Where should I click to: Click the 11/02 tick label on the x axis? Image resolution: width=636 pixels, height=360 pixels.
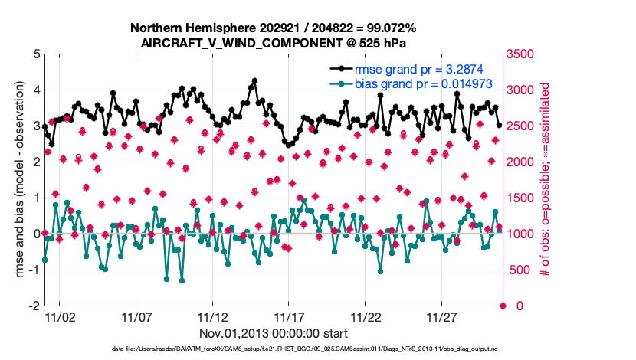click(60, 316)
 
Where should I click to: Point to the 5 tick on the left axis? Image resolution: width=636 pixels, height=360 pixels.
click(34, 54)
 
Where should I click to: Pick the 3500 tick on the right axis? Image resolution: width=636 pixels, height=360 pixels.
click(522, 54)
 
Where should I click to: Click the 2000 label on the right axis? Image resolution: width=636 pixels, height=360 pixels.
click(522, 162)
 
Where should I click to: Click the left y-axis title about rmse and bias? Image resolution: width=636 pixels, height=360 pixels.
click(17, 180)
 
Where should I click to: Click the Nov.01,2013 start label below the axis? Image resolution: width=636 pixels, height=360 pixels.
click(274, 333)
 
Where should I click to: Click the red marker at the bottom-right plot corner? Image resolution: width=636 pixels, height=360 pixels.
click(503, 306)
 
